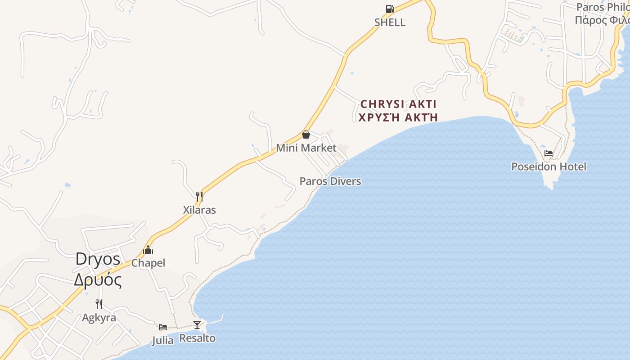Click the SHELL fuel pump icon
click(390, 9)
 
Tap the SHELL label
click(390, 22)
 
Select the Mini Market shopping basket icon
click(306, 135)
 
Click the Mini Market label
click(306, 148)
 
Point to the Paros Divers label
click(330, 181)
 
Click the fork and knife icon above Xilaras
click(199, 197)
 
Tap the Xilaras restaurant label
click(199, 210)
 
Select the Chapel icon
click(148, 250)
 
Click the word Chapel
click(148, 263)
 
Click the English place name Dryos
click(98, 259)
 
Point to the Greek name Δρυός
click(98, 280)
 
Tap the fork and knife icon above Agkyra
click(99, 304)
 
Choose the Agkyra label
click(99, 318)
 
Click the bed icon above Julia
click(163, 327)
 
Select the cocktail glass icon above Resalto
click(197, 325)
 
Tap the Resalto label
click(197, 338)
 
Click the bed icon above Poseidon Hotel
click(549, 153)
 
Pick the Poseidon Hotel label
click(549, 167)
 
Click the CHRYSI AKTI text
click(399, 104)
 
